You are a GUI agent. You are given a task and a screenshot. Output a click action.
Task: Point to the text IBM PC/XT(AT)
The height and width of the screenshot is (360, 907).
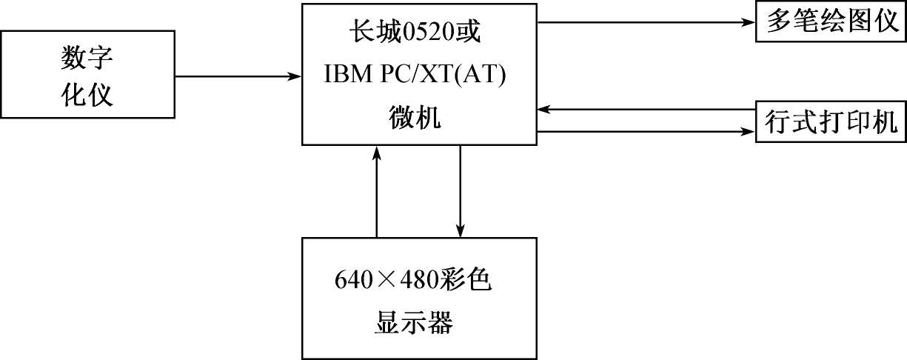pyautogui.click(x=419, y=76)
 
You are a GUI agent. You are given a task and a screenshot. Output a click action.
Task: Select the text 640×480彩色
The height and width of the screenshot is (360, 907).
pyautogui.click(x=413, y=281)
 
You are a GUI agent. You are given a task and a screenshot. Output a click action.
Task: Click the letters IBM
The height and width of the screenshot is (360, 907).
pyautogui.click(x=349, y=76)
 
